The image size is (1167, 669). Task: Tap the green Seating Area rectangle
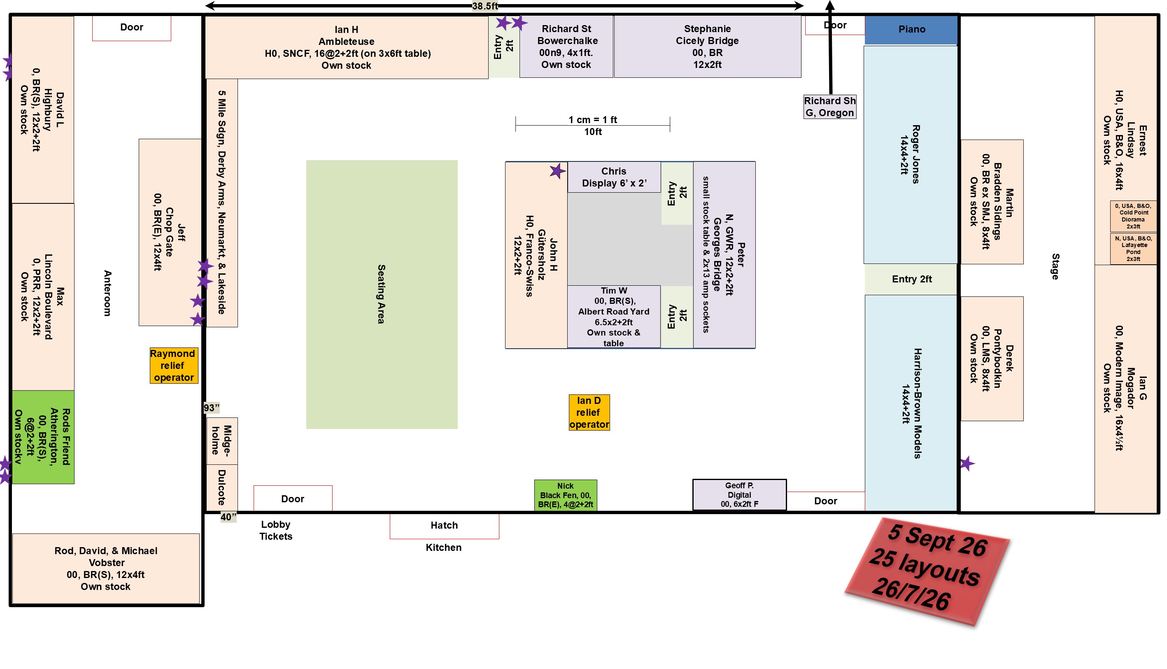pyautogui.click(x=382, y=294)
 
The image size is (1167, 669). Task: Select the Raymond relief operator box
pyautogui.click(x=174, y=365)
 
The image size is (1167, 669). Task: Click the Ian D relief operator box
pyautogui.click(x=589, y=412)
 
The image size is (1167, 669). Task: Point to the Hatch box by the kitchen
pyautogui.click(x=444, y=526)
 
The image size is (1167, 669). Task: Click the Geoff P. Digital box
pyautogui.click(x=739, y=494)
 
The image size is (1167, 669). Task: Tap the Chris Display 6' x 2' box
pyautogui.click(x=614, y=177)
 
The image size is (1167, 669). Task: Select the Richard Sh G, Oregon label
pyautogui.click(x=829, y=107)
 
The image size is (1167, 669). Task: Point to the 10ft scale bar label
pyautogui.click(x=593, y=132)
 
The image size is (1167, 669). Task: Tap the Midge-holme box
pyautogui.click(x=222, y=440)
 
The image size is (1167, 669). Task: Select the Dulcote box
pyautogui.click(x=222, y=487)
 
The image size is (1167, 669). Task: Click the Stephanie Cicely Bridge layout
pyautogui.click(x=707, y=47)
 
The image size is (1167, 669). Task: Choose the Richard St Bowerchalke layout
pyautogui.click(x=566, y=47)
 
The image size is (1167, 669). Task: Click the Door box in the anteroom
pyautogui.click(x=132, y=28)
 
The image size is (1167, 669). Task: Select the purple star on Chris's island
pyautogui.click(x=557, y=171)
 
